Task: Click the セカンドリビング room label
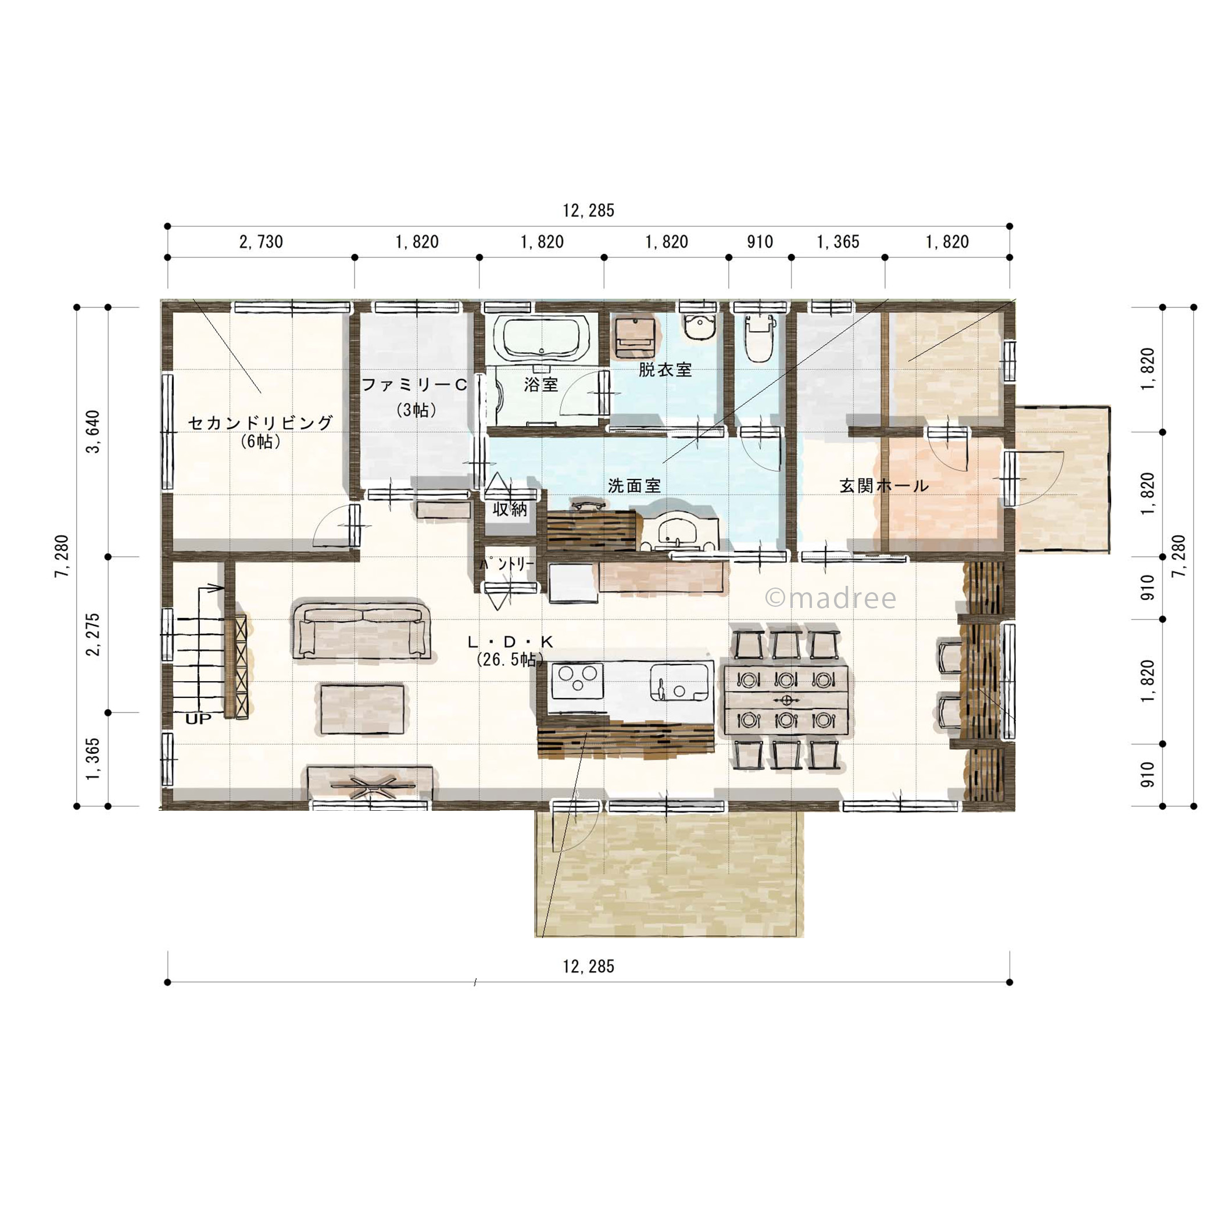click(x=260, y=422)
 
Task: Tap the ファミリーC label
click(x=414, y=384)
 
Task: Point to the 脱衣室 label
click(x=665, y=370)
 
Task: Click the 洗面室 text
click(x=634, y=486)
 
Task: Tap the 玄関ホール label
click(x=884, y=486)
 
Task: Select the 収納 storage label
click(x=510, y=509)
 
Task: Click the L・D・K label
click(x=510, y=642)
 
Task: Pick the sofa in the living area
click(x=362, y=632)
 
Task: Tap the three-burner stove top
click(x=577, y=681)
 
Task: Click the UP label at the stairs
click(x=198, y=719)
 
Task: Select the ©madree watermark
click(x=831, y=597)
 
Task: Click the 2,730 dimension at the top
click(x=261, y=242)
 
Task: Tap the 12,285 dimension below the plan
click(x=588, y=967)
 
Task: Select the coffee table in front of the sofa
click(x=362, y=709)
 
